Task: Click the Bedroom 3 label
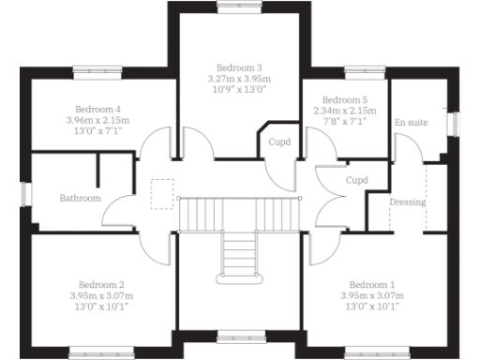[239, 68]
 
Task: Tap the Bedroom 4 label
[98, 109]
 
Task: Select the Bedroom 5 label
[345, 99]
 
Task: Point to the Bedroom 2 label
[101, 284]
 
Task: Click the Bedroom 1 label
[372, 284]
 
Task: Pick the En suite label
[412, 123]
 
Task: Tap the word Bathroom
[80, 199]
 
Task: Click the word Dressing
[408, 202]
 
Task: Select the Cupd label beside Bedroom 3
[279, 142]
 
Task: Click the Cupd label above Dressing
[356, 180]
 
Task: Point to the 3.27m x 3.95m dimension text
[239, 80]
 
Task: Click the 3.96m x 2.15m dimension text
[98, 120]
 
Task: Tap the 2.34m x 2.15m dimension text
[345, 111]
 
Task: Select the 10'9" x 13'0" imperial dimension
[239, 91]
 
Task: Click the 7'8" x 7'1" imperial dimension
[345, 122]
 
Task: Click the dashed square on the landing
[161, 189]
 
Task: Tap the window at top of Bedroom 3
[239, 5]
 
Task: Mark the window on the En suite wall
[453, 123]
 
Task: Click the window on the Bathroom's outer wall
[26, 192]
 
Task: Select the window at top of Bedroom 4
[94, 68]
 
